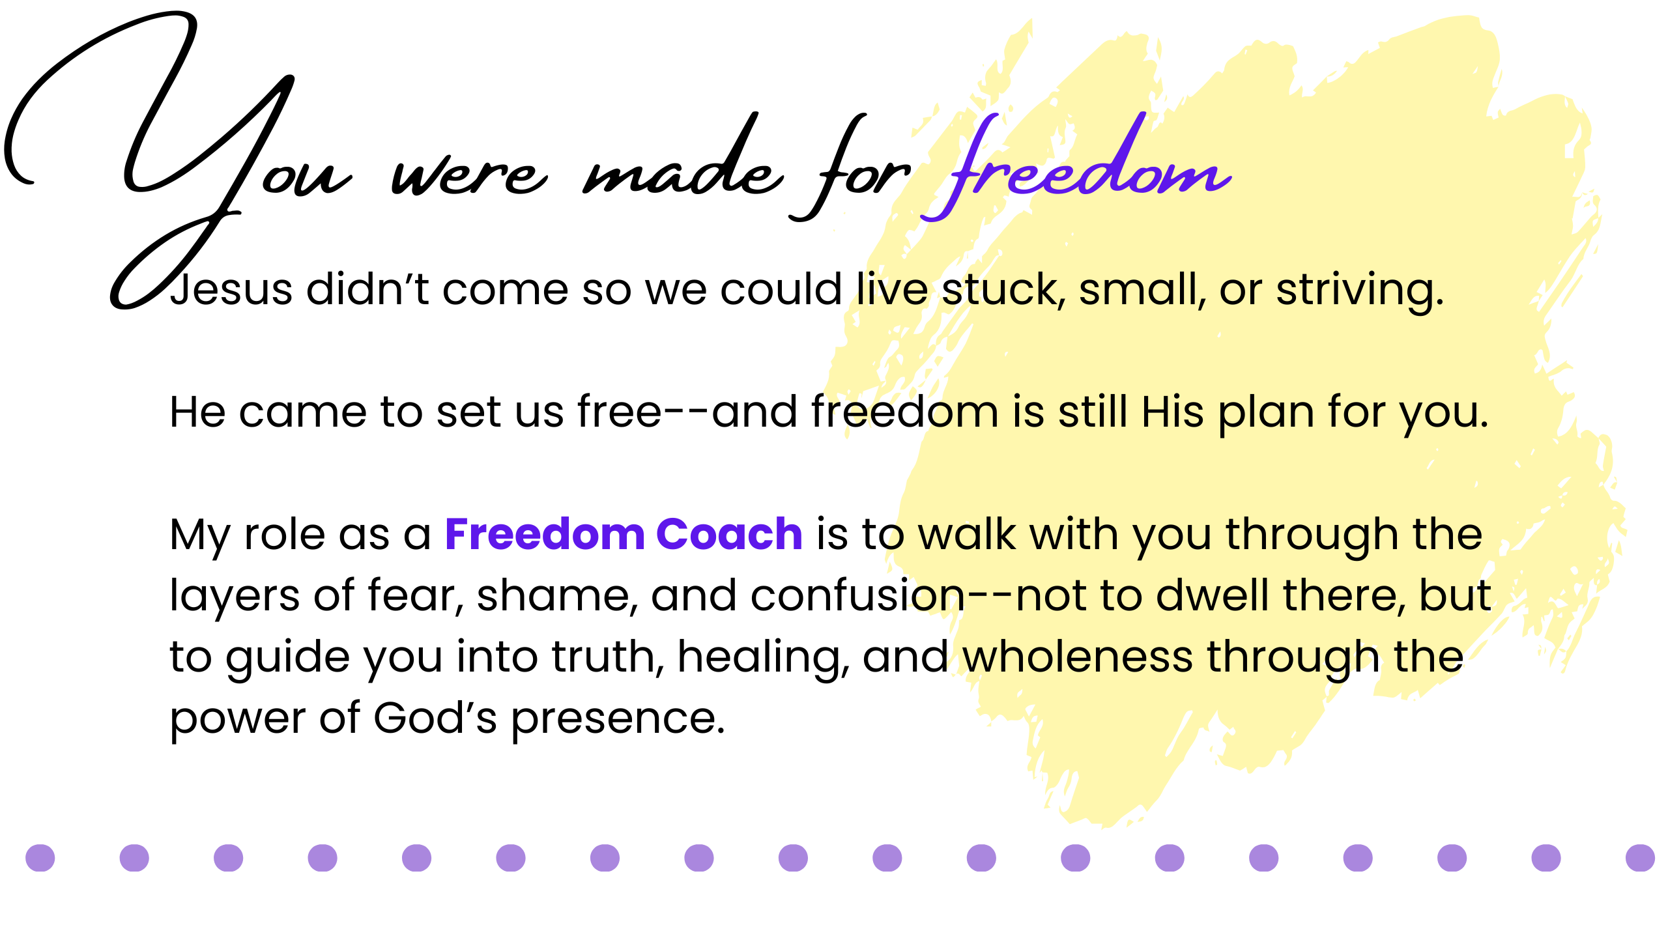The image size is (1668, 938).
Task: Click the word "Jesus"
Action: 231,289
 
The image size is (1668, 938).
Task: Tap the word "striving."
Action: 1360,291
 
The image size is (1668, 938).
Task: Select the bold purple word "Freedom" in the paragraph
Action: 545,534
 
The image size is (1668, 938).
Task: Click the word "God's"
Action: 435,718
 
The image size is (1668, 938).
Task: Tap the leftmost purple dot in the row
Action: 40,858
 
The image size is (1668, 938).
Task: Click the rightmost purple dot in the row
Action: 1640,858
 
